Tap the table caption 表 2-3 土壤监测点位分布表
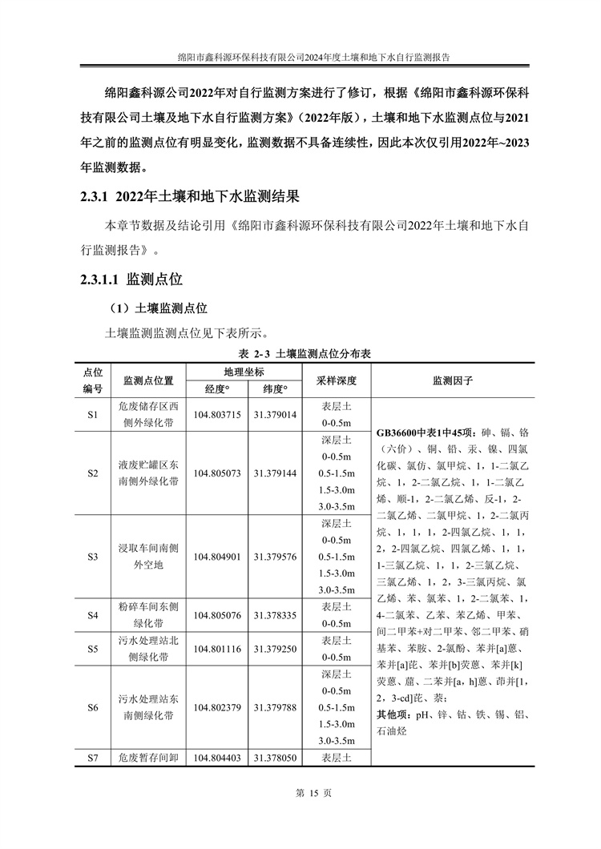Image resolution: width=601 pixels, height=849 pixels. pyautogui.click(x=300, y=353)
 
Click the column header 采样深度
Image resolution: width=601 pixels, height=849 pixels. pyautogui.click(x=337, y=380)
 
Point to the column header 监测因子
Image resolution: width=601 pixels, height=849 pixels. pyautogui.click(x=453, y=380)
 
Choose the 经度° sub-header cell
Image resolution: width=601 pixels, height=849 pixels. pyautogui.click(x=217, y=389)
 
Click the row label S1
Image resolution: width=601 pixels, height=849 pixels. pyautogui.click(x=92, y=415)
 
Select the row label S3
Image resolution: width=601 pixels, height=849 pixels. pyautogui.click(x=92, y=556)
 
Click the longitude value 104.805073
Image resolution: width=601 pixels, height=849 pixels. pyautogui.click(x=217, y=473)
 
